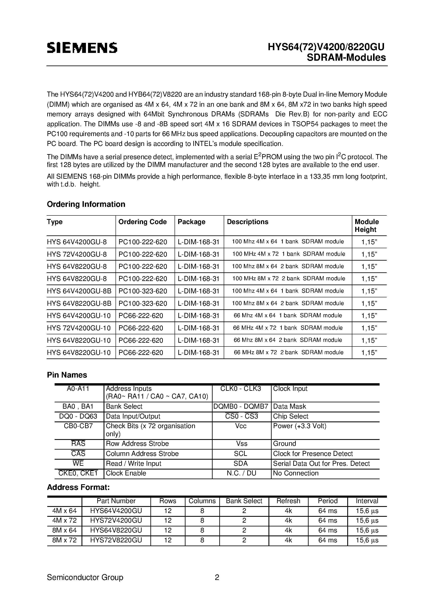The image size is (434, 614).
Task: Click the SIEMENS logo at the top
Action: (82, 48)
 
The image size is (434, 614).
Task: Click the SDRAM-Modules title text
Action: (346, 58)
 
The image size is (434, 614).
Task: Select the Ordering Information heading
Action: (86, 204)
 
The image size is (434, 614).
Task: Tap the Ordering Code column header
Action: (142, 222)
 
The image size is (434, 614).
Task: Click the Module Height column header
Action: (367, 226)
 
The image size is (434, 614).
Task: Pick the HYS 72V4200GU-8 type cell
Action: (77, 254)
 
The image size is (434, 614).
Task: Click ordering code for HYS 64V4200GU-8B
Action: (143, 291)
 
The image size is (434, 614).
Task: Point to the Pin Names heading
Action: (67, 375)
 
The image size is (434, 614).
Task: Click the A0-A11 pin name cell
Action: (78, 388)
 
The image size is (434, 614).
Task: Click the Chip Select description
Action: (291, 416)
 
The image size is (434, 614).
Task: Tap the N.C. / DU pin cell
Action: (241, 473)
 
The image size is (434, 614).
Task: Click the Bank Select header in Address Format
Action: (244, 501)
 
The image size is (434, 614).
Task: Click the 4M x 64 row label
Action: (64, 511)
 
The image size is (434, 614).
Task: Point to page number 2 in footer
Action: (217, 577)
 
